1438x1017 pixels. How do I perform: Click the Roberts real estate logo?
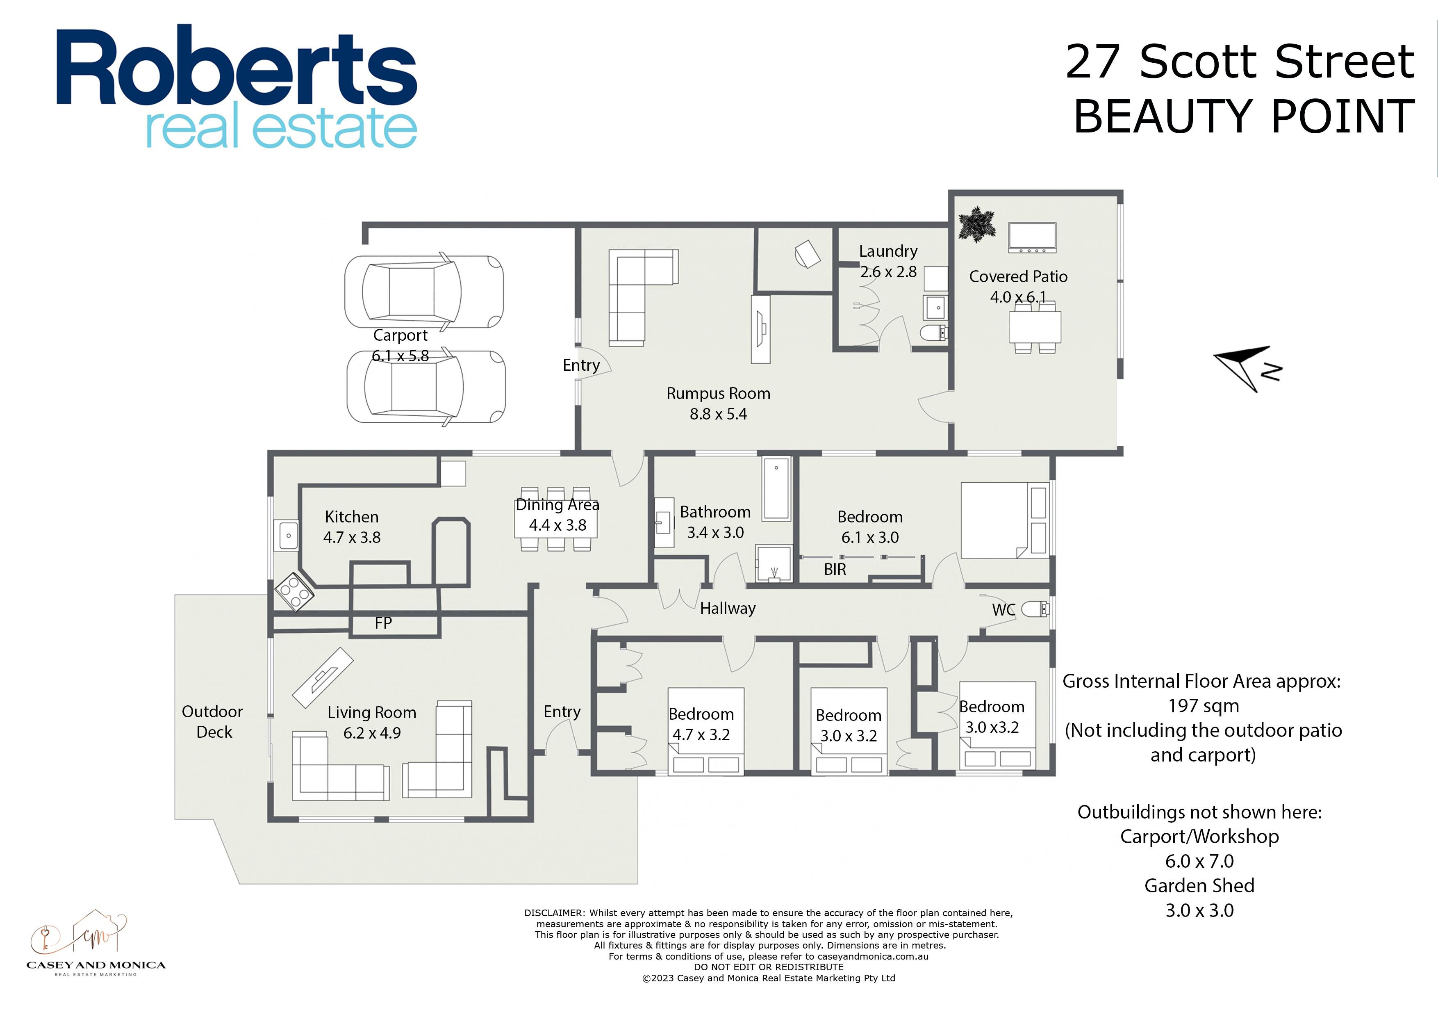[x=237, y=87]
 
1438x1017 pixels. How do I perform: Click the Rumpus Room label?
[x=718, y=394]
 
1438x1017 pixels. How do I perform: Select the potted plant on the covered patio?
[x=976, y=224]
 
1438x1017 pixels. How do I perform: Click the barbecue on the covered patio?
[x=1032, y=237]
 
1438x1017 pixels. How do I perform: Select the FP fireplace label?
[x=383, y=623]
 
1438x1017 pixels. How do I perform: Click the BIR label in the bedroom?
[x=835, y=570]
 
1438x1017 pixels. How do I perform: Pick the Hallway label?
[x=728, y=609]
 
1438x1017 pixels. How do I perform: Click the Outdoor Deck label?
[x=213, y=722]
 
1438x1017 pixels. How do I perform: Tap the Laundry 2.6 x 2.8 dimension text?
[x=888, y=272]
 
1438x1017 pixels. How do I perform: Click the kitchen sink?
[x=288, y=536]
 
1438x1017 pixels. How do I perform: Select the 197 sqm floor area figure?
[x=1203, y=706]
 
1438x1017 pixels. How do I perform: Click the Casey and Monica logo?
[x=96, y=942]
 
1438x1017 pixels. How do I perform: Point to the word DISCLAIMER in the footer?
[x=554, y=913]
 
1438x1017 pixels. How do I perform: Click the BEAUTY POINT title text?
[x=1244, y=117]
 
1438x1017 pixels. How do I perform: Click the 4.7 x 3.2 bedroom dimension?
[x=701, y=735]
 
